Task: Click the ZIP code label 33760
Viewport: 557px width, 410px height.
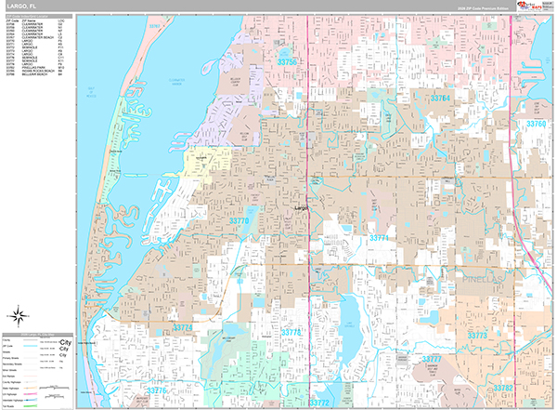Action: (x=536, y=124)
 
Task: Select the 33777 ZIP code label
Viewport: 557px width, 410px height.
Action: (x=433, y=358)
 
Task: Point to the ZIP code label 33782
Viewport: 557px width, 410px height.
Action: (x=530, y=384)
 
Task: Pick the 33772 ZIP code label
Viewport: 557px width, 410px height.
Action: (x=319, y=402)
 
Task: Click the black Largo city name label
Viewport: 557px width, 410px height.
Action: (x=300, y=208)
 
